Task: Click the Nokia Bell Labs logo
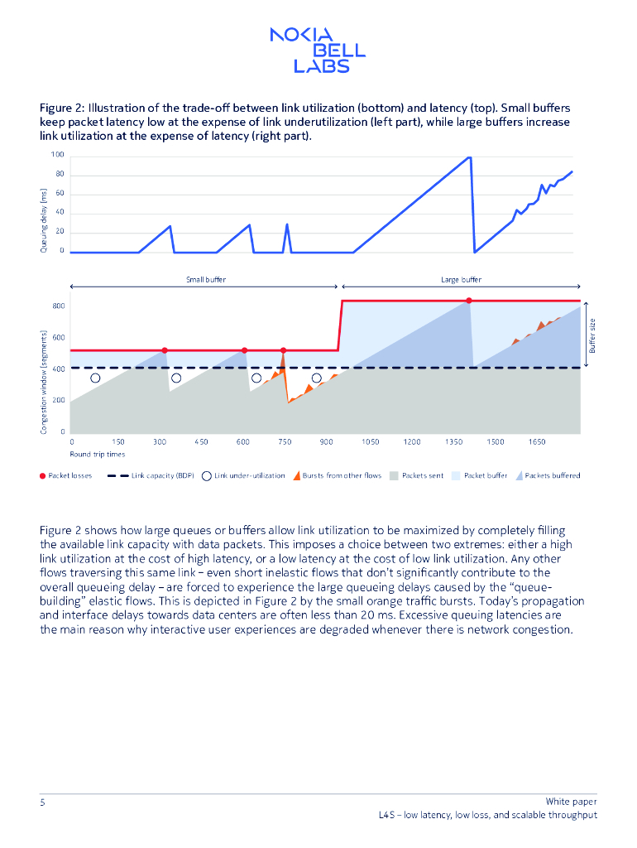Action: (x=318, y=50)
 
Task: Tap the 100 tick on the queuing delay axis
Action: (x=57, y=155)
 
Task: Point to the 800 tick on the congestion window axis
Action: (x=58, y=306)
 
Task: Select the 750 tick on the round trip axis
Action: (x=285, y=442)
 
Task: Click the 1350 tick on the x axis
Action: (x=453, y=442)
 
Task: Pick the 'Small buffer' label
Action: (x=205, y=280)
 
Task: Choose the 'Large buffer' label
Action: (x=461, y=280)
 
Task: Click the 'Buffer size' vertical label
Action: (x=592, y=335)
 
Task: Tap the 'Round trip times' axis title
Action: (x=98, y=454)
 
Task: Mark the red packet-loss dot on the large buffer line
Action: (x=469, y=300)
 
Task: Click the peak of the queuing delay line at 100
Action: (x=469, y=157)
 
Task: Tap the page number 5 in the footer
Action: (x=42, y=802)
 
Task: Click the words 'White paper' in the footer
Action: (x=571, y=802)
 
